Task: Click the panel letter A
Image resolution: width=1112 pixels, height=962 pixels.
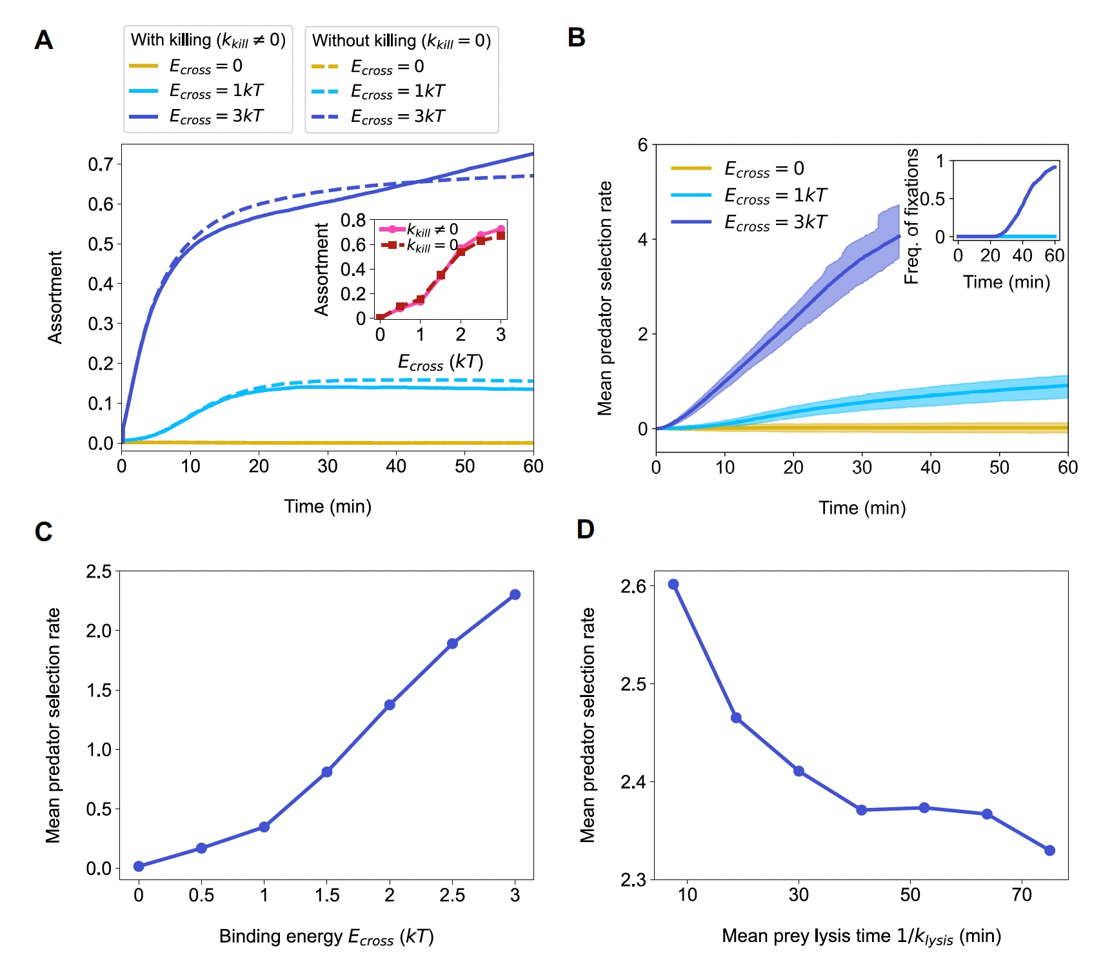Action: pyautogui.click(x=43, y=40)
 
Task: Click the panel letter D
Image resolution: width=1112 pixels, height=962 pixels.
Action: pyautogui.click(x=585, y=529)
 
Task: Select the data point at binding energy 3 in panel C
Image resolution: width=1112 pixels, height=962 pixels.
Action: pyautogui.click(x=515, y=594)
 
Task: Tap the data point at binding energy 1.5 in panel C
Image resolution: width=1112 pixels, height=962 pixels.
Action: pyautogui.click(x=327, y=772)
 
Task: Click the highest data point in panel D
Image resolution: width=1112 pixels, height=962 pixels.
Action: pyautogui.click(x=673, y=584)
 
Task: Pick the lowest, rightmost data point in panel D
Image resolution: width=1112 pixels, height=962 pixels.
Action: pyautogui.click(x=1049, y=850)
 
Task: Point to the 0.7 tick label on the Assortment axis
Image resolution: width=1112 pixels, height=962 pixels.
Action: pyautogui.click(x=101, y=164)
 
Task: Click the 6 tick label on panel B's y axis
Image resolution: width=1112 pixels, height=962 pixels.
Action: pyautogui.click(x=642, y=145)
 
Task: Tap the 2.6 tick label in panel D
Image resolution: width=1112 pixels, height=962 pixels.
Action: pyautogui.click(x=633, y=586)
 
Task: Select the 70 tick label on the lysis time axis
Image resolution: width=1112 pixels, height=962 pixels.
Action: pyautogui.click(x=1022, y=895)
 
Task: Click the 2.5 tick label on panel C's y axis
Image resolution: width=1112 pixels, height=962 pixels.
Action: pyautogui.click(x=99, y=571)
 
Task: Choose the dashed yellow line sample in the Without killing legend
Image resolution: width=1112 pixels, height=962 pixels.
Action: pyautogui.click(x=325, y=66)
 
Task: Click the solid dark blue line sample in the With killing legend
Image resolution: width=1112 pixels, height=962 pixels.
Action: pyautogui.click(x=143, y=117)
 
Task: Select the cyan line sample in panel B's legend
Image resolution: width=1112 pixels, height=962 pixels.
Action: pyautogui.click(x=691, y=195)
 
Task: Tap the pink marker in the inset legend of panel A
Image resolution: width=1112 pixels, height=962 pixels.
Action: pyautogui.click(x=392, y=230)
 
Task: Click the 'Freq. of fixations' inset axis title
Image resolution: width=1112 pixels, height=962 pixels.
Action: pyautogui.click(x=911, y=216)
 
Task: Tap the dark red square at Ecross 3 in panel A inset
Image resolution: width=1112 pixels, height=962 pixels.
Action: pyautogui.click(x=501, y=236)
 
